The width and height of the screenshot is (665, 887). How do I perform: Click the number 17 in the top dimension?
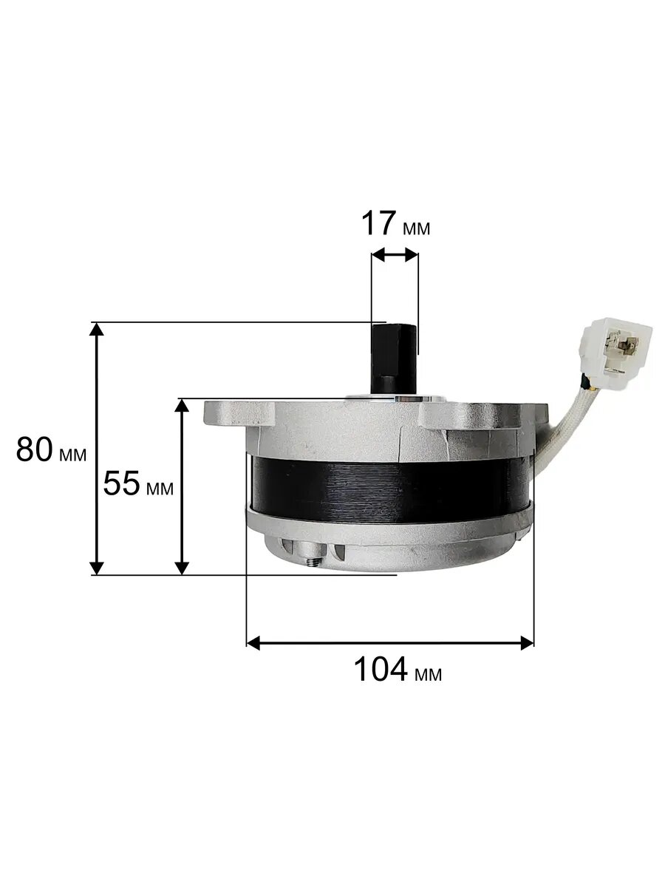(x=378, y=223)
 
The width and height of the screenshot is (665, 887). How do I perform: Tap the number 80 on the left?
(x=34, y=449)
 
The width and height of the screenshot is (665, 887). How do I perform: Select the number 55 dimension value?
(x=121, y=483)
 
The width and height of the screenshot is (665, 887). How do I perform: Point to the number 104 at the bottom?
(x=381, y=670)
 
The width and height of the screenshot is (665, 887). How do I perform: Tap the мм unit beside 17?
(x=417, y=228)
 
